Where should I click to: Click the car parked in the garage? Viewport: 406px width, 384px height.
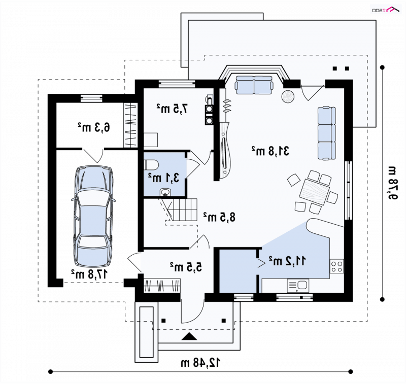point(93,217)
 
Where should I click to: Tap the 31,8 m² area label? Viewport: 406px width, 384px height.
point(270,151)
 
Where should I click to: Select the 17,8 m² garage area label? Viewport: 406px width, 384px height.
point(89,274)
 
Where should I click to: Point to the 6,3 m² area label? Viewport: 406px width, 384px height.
point(94,127)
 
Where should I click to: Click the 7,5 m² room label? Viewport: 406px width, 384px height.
point(172,109)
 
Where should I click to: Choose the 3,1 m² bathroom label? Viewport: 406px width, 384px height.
point(163,178)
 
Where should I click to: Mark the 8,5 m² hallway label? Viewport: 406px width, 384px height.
point(220,217)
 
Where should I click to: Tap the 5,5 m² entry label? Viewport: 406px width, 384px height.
point(186,267)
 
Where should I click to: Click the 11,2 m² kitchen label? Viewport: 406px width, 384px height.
point(287,261)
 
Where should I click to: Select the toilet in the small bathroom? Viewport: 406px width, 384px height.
point(151,164)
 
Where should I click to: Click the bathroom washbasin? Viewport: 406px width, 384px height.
point(165,192)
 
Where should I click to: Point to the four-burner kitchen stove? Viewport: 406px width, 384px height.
point(336,266)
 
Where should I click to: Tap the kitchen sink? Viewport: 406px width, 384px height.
point(298,286)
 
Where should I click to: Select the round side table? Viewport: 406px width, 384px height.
point(288,96)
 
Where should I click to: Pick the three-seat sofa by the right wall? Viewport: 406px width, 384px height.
point(327,133)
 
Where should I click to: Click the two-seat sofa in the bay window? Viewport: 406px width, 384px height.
point(254,85)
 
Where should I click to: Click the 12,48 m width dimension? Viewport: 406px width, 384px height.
point(200,363)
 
